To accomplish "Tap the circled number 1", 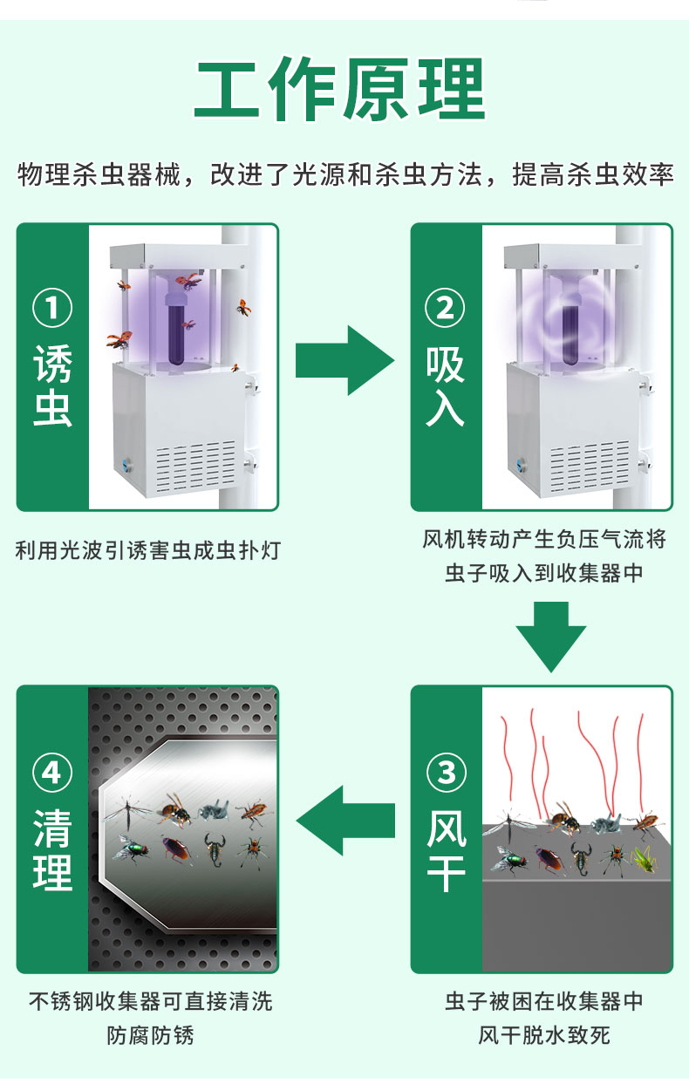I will (x=52, y=309).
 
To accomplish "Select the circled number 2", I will (x=446, y=309).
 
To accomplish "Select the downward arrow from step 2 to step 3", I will (x=550, y=637).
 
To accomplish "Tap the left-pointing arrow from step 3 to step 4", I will (x=344, y=821).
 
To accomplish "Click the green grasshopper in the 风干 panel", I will (x=642, y=859).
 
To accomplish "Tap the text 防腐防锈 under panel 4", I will (x=150, y=1035).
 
